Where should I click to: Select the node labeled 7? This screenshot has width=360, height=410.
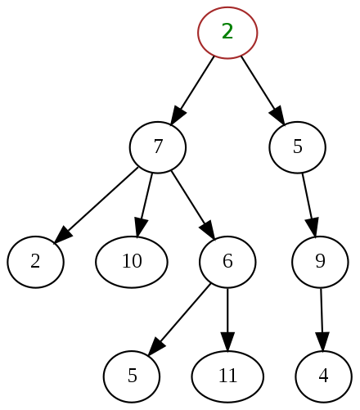coord(158,147)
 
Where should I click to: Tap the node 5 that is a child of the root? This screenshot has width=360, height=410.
coord(298,147)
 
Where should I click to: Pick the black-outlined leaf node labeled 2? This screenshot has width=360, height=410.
coord(36,262)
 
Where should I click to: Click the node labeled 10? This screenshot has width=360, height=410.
coord(132,262)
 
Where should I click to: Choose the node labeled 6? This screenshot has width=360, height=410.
coord(227,262)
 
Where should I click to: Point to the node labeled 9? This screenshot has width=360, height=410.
coord(320,262)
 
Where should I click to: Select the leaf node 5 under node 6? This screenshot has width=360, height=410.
coord(132,376)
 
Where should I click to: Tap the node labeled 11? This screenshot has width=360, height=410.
coord(227,376)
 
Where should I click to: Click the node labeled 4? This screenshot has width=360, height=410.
coord(323,376)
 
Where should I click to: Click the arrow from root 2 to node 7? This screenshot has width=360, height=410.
coord(193,89)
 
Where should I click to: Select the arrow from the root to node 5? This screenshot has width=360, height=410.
coord(262,89)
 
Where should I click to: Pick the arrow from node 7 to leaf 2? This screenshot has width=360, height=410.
coord(97,205)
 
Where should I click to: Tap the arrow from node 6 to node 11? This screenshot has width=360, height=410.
coord(227,319)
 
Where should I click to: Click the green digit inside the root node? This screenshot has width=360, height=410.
coord(227,32)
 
